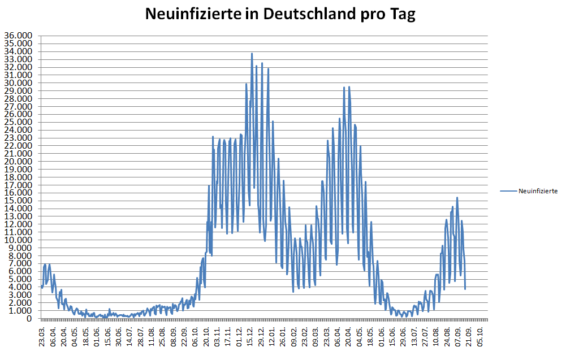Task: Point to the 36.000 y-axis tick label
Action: point(19,36)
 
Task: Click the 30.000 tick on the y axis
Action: point(19,83)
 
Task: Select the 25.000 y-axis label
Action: point(19,122)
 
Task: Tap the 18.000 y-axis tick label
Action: point(19,177)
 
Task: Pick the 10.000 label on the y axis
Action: point(19,240)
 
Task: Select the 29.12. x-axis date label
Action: point(261,337)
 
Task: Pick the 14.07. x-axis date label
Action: point(129,337)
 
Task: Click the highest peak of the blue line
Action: point(252,54)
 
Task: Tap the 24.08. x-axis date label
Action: point(447,337)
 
